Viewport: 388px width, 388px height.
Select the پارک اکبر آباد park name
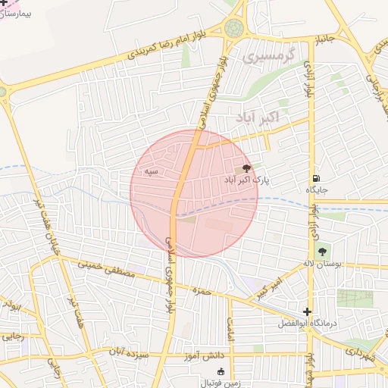[246, 180]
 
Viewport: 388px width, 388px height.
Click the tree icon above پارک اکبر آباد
[246, 168]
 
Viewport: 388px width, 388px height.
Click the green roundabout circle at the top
[234, 29]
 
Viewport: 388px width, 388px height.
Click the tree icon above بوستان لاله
[323, 251]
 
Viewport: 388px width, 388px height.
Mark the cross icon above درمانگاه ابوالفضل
[306, 311]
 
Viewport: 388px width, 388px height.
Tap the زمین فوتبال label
[221, 383]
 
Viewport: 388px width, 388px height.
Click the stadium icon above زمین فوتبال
[221, 371]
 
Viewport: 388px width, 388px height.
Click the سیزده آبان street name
[126, 354]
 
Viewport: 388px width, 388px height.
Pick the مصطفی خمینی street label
[108, 271]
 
